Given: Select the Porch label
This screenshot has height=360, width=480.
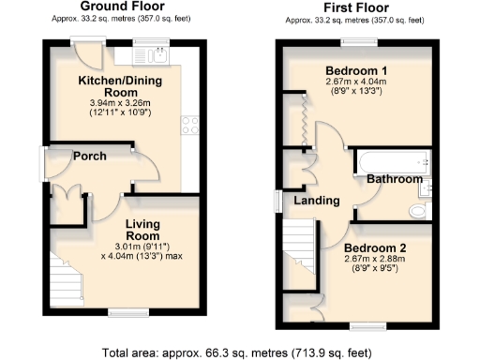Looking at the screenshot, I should coord(90,156).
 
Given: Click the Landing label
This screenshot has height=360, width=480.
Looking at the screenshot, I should coord(316,202).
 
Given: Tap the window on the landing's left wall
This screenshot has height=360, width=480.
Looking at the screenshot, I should coord(277,202).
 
